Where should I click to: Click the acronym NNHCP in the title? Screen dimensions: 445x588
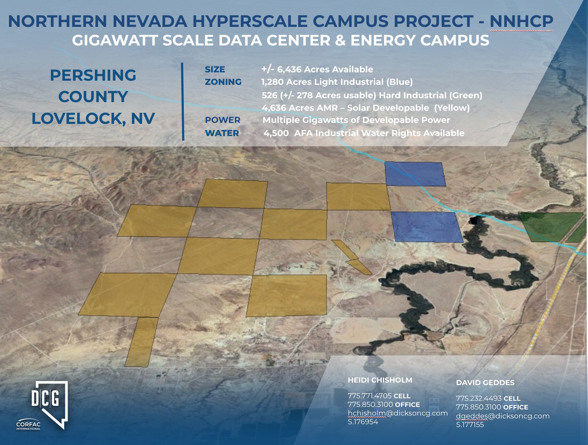click(521, 21)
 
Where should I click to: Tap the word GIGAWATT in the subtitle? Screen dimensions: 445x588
click(115, 41)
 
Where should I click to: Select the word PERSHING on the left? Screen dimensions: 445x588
click(93, 76)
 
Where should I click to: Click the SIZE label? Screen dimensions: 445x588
click(215, 69)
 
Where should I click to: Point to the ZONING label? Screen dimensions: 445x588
click(223, 82)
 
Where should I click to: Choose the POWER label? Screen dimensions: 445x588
click(222, 120)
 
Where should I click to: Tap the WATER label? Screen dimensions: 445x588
click(222, 133)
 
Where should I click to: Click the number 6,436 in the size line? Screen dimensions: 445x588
click(289, 69)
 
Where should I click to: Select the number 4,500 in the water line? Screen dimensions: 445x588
click(276, 133)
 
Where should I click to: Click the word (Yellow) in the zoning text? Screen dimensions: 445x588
click(452, 108)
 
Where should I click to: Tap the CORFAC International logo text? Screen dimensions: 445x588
click(29, 425)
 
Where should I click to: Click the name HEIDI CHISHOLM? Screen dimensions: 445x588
click(380, 380)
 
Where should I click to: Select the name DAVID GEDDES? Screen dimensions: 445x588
click(485, 383)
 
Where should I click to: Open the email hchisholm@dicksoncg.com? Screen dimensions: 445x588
click(397, 413)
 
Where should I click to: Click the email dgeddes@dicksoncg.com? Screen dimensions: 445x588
click(502, 416)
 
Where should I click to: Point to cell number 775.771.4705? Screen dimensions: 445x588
click(369, 396)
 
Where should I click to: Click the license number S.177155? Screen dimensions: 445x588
click(470, 425)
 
